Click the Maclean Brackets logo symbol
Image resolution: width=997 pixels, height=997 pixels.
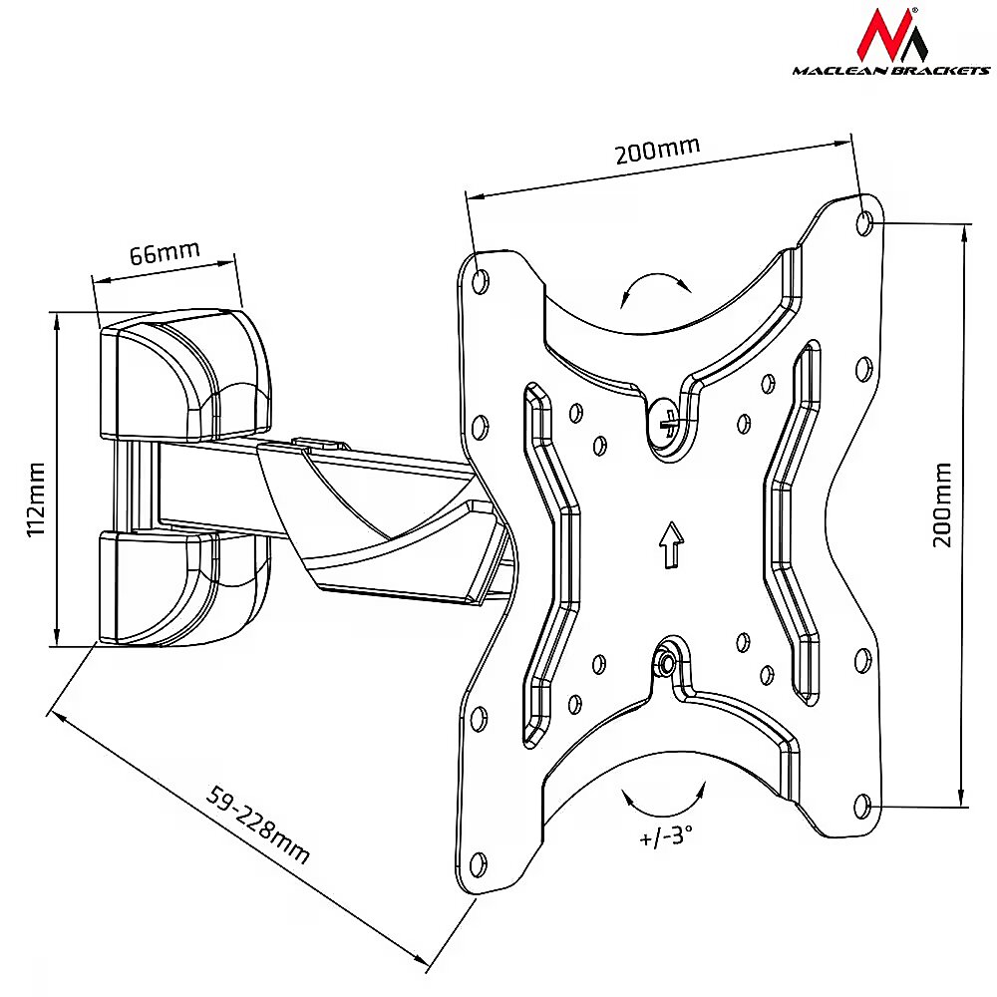coord(890,34)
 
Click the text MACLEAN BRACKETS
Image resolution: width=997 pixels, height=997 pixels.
coord(890,71)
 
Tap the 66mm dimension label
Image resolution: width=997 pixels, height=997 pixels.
coord(165,252)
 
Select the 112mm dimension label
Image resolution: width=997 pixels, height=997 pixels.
coord(36,499)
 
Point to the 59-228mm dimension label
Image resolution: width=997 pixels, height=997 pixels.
coord(258,826)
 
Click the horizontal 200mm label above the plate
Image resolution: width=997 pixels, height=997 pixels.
coord(657,150)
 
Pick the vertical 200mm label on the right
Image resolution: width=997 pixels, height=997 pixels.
coord(942,504)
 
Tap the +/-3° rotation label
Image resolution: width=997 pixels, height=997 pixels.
coord(666,835)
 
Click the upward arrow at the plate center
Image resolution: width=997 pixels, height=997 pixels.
coord(671,544)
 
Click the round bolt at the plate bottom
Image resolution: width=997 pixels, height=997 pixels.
coord(666,664)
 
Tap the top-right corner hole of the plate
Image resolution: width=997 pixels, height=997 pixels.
coord(864,223)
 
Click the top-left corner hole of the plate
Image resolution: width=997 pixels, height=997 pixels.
coord(482,280)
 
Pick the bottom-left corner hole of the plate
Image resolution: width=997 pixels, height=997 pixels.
coord(478,863)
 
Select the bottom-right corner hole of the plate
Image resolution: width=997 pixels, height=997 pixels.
coord(861,807)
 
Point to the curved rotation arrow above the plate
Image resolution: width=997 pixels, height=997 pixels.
coord(655,277)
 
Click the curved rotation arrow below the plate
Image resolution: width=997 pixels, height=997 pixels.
coord(664,815)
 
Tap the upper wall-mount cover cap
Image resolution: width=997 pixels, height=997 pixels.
coord(185,375)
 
